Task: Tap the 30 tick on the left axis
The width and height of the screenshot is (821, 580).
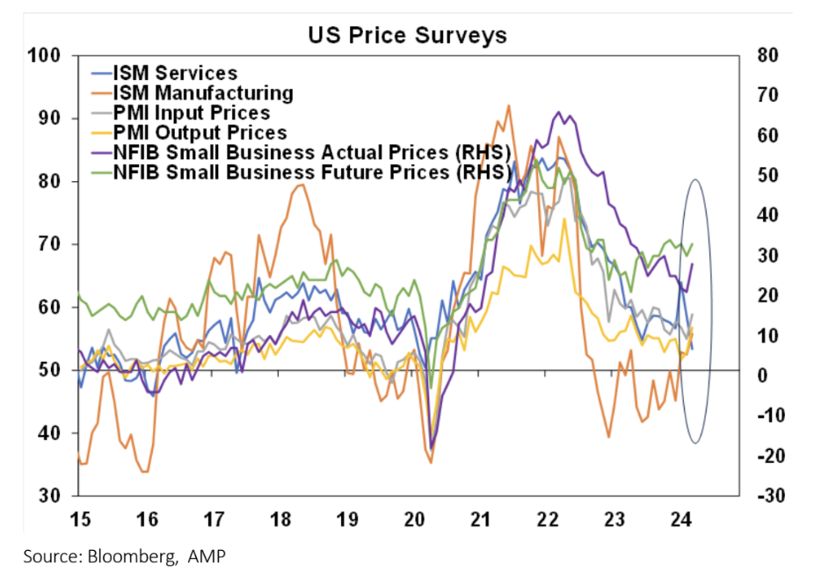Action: point(47,497)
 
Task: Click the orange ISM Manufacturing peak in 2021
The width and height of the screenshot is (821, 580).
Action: point(509,105)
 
